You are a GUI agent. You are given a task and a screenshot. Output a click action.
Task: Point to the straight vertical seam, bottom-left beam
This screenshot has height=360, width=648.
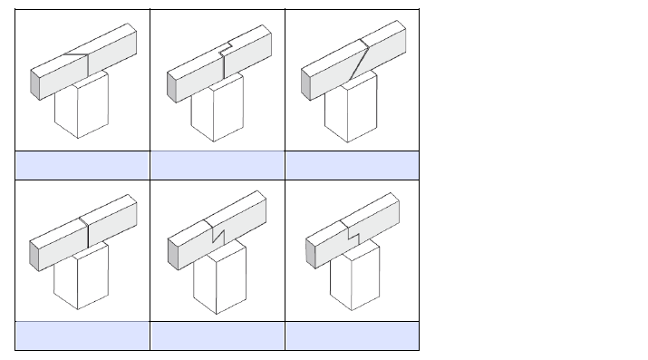pyautogui.click(x=86, y=235)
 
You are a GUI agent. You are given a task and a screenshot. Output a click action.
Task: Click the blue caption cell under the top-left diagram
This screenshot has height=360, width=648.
pyautogui.click(x=82, y=165)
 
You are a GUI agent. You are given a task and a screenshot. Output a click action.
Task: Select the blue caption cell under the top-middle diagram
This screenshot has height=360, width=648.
pyautogui.click(x=218, y=165)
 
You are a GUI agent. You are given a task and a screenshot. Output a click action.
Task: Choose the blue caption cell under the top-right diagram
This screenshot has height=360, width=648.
pyautogui.click(x=352, y=165)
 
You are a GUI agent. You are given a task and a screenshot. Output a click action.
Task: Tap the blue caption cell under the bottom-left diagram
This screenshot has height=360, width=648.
pyautogui.click(x=82, y=336)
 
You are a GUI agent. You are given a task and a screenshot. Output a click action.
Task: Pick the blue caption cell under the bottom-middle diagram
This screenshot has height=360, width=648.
pyautogui.click(x=218, y=336)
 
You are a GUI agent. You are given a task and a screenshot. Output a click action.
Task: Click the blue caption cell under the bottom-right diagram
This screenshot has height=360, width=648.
pyautogui.click(x=352, y=336)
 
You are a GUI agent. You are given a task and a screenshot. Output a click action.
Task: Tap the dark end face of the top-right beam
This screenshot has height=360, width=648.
pyautogui.click(x=305, y=84)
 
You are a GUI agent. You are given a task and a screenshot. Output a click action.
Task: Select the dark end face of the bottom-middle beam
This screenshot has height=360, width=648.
pyautogui.click(x=172, y=256)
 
